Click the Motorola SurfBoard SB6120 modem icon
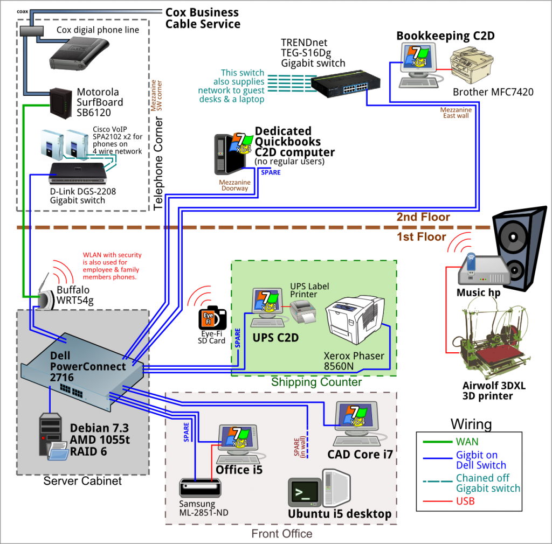pos(61,102)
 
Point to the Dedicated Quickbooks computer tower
pos(223,154)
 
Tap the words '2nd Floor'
pos(423,217)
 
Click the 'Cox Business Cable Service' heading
pos(203,18)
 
